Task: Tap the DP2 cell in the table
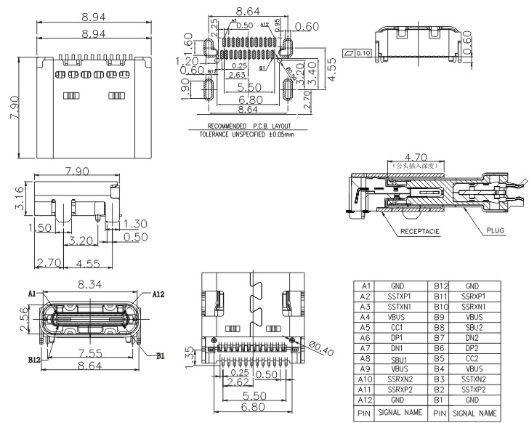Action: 473,348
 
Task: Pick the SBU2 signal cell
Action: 473,327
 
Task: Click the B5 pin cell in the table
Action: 439,358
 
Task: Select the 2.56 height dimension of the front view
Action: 24,320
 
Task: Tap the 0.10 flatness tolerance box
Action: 360,53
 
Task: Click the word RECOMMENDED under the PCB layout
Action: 207,127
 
